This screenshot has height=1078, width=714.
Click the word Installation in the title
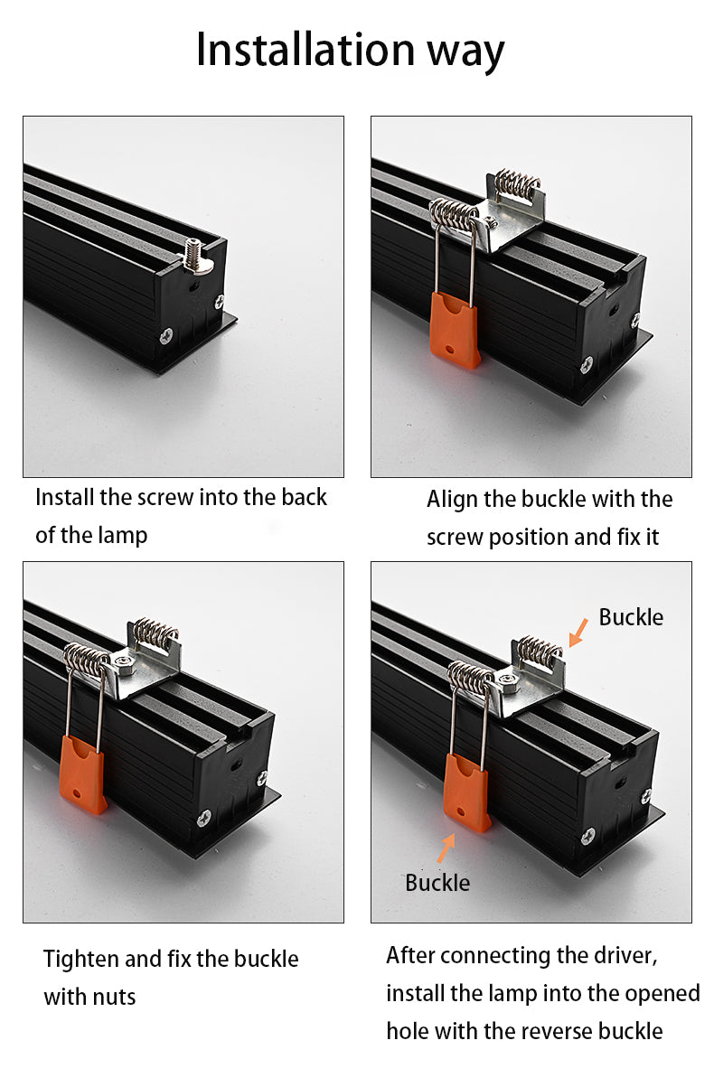pyautogui.click(x=305, y=50)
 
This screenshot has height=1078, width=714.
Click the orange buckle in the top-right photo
pyautogui.click(x=455, y=331)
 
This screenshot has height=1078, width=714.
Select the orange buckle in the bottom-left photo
pyautogui.click(x=82, y=774)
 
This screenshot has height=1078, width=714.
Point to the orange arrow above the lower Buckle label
pyautogui.click(x=446, y=848)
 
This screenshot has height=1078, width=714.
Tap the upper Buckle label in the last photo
pyautogui.click(x=631, y=617)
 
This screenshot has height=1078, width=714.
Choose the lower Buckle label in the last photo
pyautogui.click(x=437, y=883)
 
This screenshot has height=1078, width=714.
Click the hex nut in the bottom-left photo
pyautogui.click(x=124, y=663)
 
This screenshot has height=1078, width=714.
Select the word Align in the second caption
pyautogui.click(x=452, y=500)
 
